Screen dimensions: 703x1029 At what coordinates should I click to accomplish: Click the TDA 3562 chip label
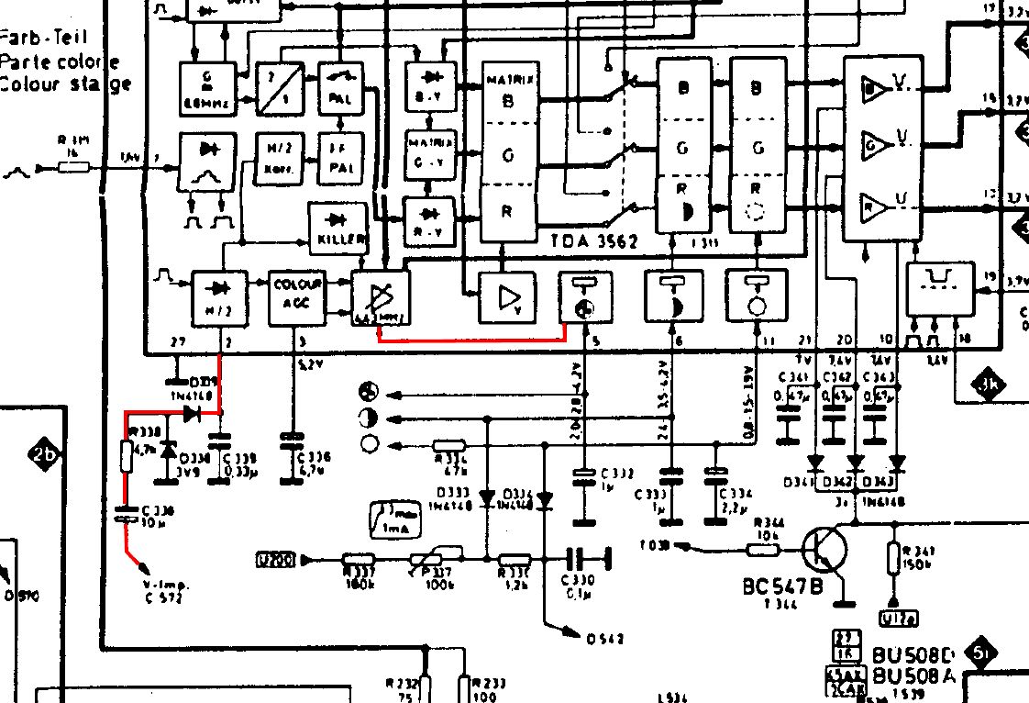(x=594, y=241)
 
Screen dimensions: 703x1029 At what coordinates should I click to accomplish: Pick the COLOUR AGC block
(x=293, y=296)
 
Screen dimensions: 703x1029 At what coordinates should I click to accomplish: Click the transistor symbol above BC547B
(x=824, y=551)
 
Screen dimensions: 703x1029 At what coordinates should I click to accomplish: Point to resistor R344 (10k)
(x=763, y=549)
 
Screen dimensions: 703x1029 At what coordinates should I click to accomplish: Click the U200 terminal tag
(x=275, y=559)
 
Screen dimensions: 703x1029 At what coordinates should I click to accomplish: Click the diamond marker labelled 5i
(x=982, y=653)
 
